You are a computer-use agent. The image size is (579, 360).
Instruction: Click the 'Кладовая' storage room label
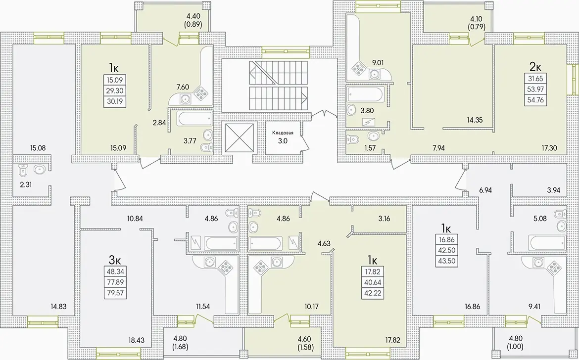tap(283, 133)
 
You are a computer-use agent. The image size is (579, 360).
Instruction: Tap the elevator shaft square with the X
tap(240, 137)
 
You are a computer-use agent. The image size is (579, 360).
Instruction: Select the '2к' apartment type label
tap(535, 67)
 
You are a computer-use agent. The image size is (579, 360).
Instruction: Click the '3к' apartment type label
tap(115, 260)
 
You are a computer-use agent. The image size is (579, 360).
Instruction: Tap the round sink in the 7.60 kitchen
tap(185, 98)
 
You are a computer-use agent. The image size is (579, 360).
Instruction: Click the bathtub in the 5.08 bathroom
tap(546, 242)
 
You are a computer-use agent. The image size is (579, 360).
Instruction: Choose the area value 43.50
tap(447, 261)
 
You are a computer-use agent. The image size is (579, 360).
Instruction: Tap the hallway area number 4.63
tap(324, 243)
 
